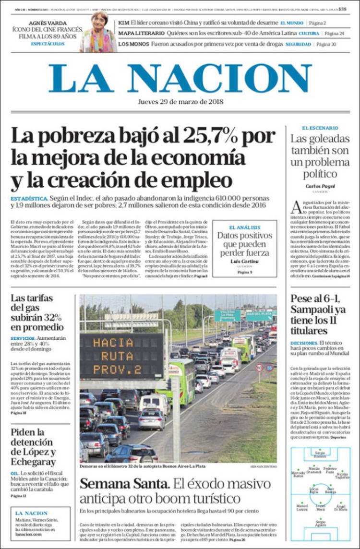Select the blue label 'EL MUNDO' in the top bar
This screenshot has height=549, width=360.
coord(291,23)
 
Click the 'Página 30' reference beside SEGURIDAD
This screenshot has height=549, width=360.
coord(326,44)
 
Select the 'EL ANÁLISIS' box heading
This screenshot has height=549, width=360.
coord(244,227)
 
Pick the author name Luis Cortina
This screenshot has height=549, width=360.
coord(244,261)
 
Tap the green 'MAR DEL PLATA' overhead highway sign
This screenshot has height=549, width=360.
coord(259,316)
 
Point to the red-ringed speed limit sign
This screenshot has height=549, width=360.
coord(259,368)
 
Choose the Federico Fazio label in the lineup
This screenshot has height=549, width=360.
coord(330,470)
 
